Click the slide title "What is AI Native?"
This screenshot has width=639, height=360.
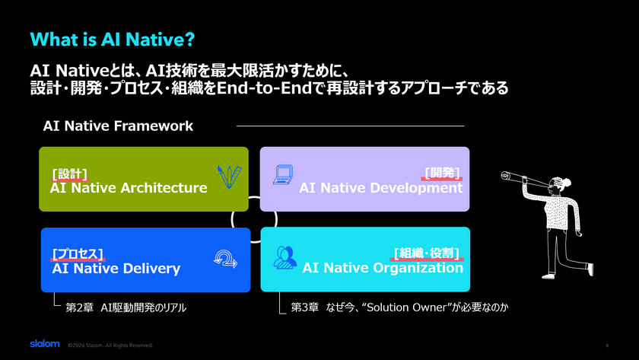[113, 40]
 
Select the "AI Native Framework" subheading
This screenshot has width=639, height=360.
[118, 126]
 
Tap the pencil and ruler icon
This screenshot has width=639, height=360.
[229, 177]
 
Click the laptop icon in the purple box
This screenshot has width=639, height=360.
[283, 174]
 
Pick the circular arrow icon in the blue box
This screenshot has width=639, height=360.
[225, 259]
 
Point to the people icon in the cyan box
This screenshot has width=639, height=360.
[285, 257]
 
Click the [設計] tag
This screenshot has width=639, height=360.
[70, 174]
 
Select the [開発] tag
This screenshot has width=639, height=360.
[442, 173]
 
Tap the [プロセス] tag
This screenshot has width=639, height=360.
[78, 254]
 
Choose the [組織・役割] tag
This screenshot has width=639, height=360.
[427, 253]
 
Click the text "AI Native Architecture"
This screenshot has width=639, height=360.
[129, 188]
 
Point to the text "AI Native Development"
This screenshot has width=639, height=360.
[381, 188]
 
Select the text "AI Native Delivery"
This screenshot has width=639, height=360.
[116, 268]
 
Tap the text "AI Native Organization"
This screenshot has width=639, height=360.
[383, 268]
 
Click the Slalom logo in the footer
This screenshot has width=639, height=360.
[45, 344]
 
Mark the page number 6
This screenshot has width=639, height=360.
[607, 346]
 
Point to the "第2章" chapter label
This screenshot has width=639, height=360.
[80, 307]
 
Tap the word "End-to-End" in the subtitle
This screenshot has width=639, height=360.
[265, 88]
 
